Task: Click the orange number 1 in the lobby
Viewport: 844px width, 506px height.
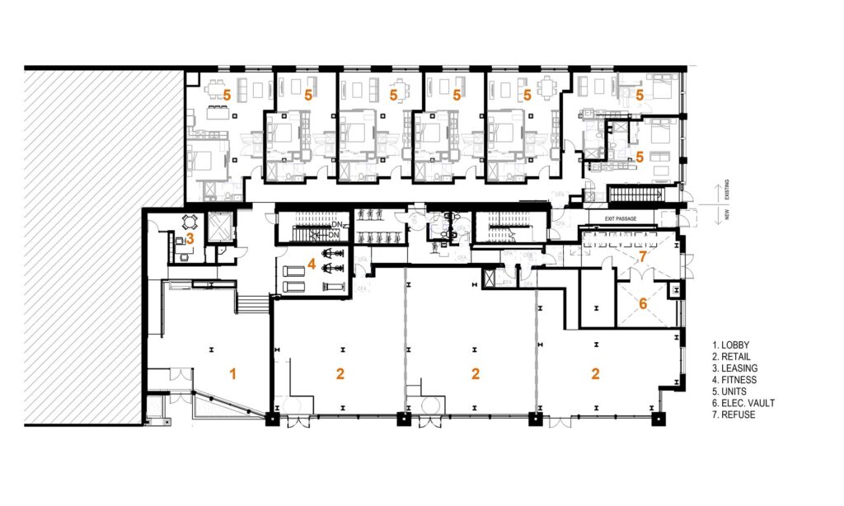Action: [x=232, y=374]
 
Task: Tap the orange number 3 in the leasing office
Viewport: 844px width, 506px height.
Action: [x=190, y=239]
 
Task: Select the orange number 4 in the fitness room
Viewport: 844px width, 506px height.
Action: [x=312, y=265]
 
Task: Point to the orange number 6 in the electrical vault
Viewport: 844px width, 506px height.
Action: [x=644, y=303]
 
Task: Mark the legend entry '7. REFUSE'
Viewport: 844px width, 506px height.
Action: [x=736, y=415]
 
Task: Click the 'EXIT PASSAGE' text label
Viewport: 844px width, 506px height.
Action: [x=621, y=218]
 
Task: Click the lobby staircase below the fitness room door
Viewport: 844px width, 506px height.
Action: [x=252, y=305]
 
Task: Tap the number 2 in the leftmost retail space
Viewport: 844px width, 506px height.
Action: [x=340, y=373]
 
